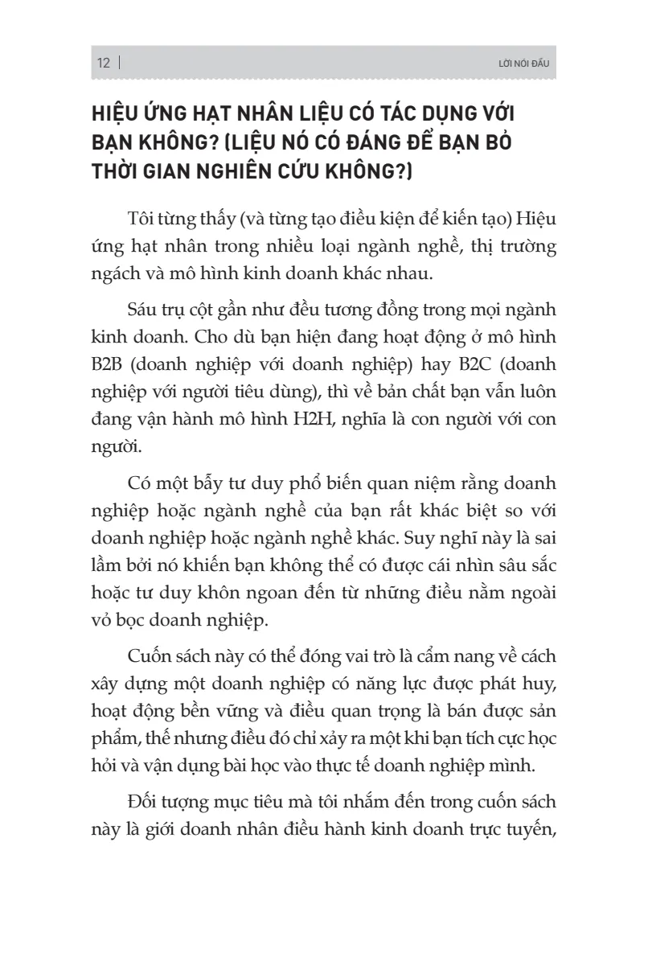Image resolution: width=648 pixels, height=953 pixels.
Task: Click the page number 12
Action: click(103, 64)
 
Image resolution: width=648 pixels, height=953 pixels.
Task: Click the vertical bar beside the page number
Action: click(119, 64)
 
